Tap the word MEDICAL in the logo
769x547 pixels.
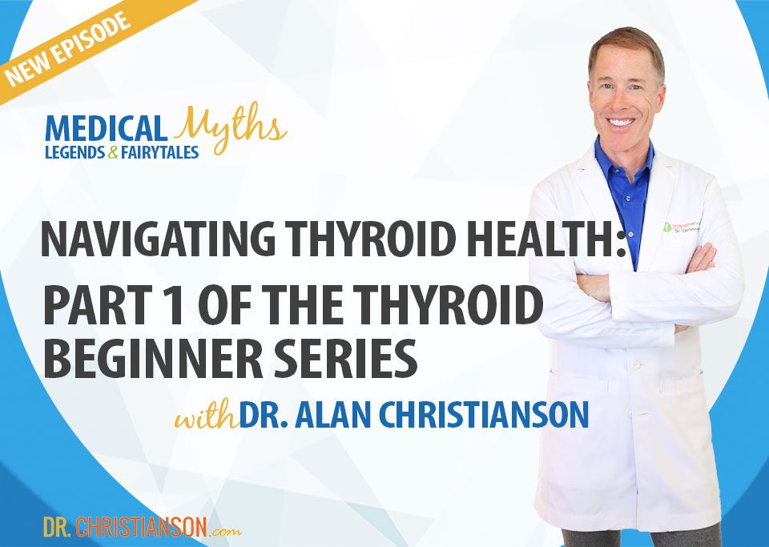[x=107, y=128]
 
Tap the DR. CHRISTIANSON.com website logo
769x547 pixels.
[x=141, y=526]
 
